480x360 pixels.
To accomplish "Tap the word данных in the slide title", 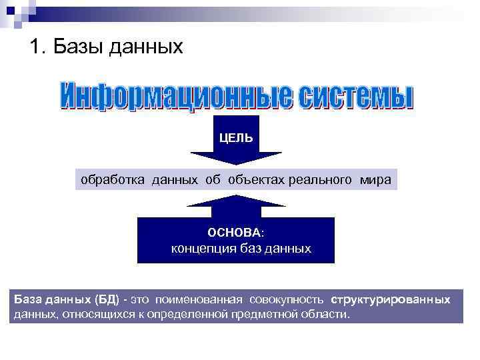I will pyautogui.click(x=145, y=48).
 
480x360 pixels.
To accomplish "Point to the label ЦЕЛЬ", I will pyautogui.click(x=237, y=138).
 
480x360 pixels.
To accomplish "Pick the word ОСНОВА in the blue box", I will pyautogui.click(x=234, y=233).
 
